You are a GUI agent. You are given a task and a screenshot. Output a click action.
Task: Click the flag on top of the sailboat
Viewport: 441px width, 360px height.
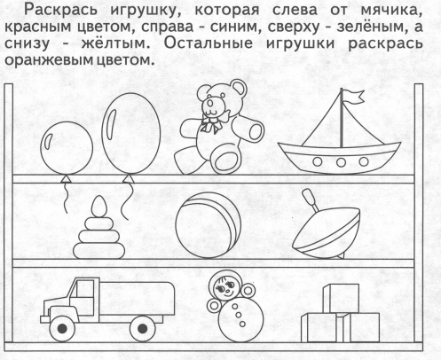[x=352, y=97]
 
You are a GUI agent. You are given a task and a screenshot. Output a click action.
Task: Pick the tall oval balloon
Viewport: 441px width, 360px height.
[x=131, y=134]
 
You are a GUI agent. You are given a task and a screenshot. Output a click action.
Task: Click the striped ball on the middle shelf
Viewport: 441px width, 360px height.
[x=209, y=225]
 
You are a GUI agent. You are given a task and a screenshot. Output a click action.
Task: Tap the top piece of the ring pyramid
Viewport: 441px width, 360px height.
[x=98, y=207]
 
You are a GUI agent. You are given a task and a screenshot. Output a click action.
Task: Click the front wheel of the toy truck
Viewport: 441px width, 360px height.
[x=62, y=328]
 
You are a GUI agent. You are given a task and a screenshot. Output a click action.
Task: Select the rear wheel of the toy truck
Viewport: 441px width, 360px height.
[x=143, y=328]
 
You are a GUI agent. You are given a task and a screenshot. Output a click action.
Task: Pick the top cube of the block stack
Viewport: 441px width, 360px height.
[x=342, y=299]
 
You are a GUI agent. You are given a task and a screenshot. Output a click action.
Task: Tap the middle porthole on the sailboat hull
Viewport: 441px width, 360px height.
[x=341, y=162]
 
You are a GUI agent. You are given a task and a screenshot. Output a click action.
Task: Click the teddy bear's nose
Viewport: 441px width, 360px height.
[x=210, y=103]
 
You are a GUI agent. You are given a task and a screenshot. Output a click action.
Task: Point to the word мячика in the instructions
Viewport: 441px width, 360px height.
[x=391, y=11]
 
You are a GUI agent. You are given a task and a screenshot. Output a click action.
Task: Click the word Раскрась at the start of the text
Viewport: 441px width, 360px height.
[x=60, y=11]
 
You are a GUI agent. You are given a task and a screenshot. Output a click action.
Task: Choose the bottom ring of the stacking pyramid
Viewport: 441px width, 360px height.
[x=98, y=251]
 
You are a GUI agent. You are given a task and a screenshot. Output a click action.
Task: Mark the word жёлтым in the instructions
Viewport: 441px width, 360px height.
[x=114, y=43]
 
